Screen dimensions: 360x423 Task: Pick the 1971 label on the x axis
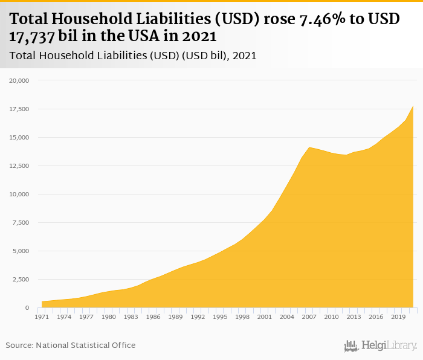[x=42, y=316]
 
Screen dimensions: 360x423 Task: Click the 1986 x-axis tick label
[x=153, y=316]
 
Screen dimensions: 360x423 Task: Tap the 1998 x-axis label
[x=242, y=316]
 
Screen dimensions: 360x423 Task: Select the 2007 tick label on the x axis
[x=309, y=316]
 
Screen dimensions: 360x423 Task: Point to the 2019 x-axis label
[x=398, y=316]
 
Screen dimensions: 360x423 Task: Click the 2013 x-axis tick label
[x=354, y=316]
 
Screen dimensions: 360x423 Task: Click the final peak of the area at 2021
[x=413, y=107]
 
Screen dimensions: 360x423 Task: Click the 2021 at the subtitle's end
[x=245, y=56]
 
